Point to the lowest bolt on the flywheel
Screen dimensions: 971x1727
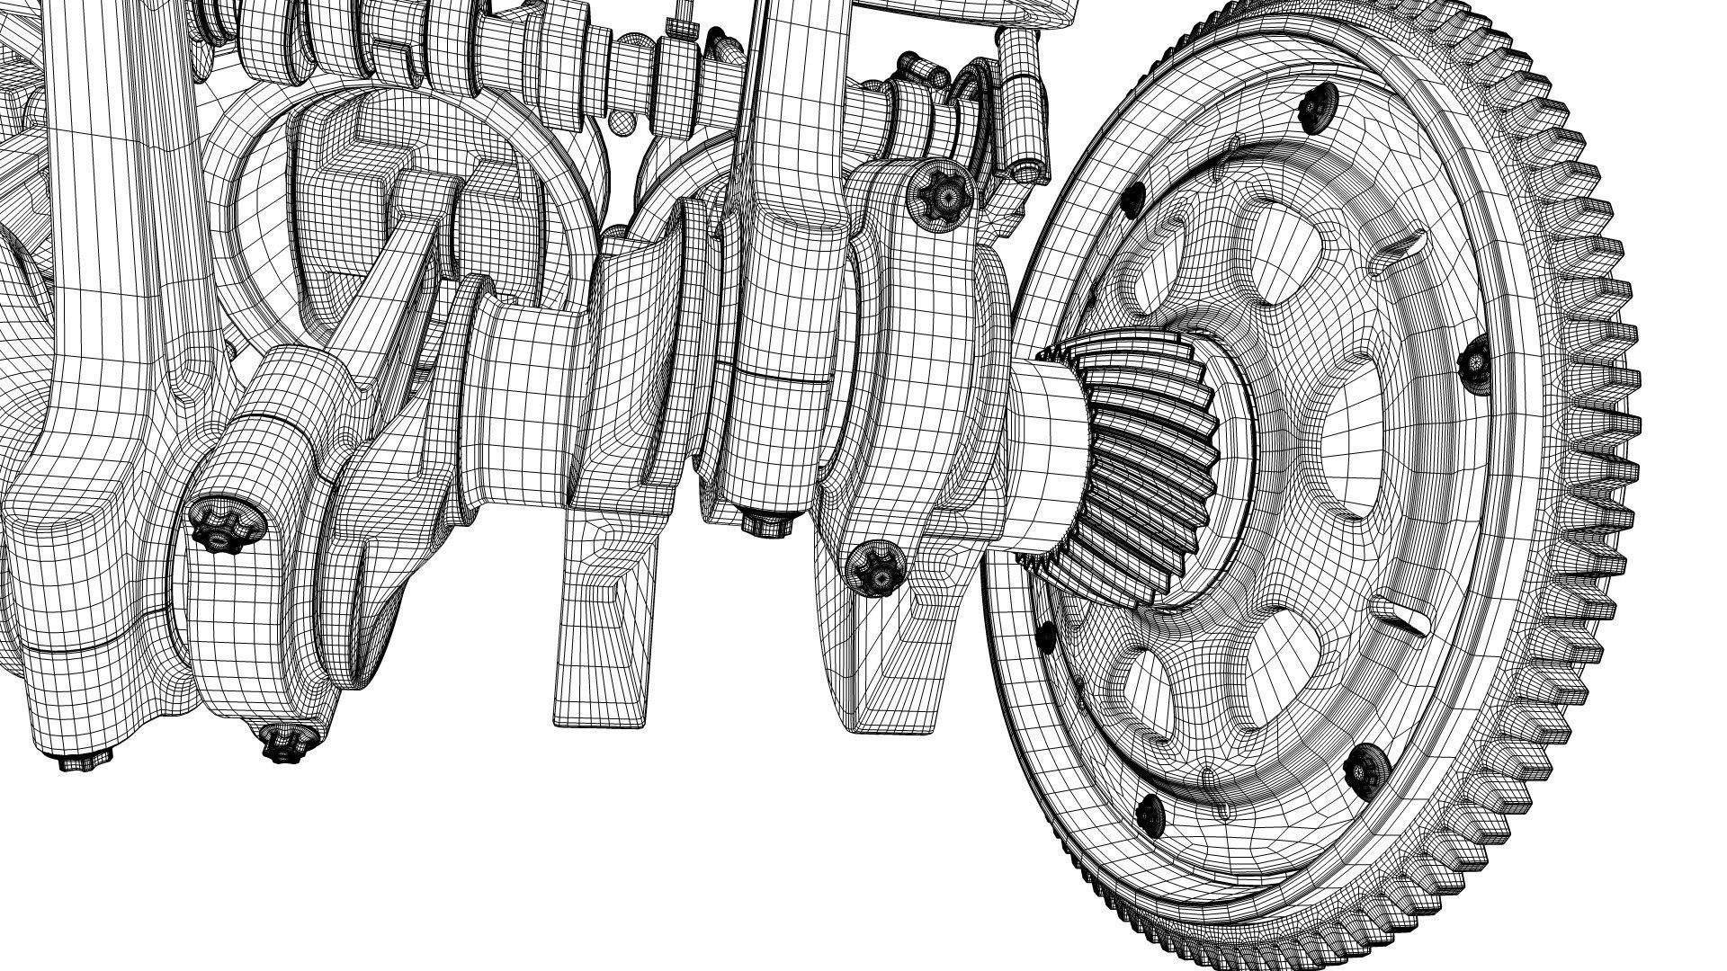[x=1151, y=814]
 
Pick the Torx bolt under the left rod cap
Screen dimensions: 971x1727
[x=284, y=743]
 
